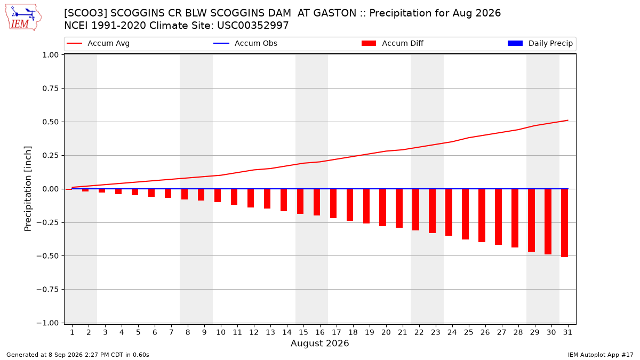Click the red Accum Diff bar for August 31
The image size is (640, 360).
(x=564, y=223)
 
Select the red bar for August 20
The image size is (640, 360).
(x=382, y=207)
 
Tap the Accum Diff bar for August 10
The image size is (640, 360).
(x=218, y=195)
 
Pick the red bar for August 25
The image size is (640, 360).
(x=465, y=214)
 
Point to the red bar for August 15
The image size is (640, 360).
(x=300, y=202)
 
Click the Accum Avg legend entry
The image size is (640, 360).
(x=98, y=43)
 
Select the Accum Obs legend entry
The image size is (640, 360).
(x=245, y=43)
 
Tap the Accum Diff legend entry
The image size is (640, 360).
(x=393, y=43)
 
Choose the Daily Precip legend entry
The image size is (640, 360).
(x=540, y=43)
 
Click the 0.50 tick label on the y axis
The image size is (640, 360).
(x=50, y=122)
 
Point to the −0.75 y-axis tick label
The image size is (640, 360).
(x=47, y=290)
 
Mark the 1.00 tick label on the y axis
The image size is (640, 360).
(x=50, y=55)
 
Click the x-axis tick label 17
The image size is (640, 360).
(x=337, y=332)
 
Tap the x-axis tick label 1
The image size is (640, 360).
(x=72, y=332)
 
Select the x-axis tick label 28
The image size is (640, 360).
(x=518, y=332)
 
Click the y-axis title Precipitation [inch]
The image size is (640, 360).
(x=28, y=189)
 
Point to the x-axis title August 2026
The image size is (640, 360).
(x=319, y=343)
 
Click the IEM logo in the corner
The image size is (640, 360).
(x=23, y=18)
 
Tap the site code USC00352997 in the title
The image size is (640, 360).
(x=253, y=26)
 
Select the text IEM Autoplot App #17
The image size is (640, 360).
(x=601, y=355)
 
